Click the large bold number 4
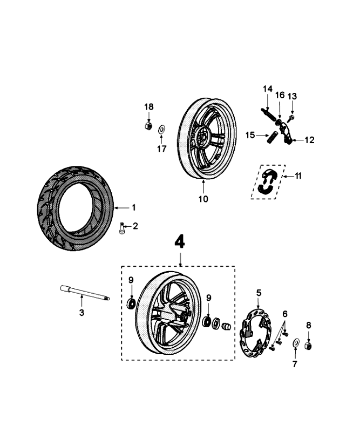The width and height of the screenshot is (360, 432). pyautogui.click(x=180, y=241)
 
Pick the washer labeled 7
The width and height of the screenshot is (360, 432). pyautogui.click(x=295, y=343)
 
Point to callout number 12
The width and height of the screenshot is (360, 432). pyautogui.click(x=309, y=140)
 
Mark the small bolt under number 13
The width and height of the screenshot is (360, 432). pyautogui.click(x=291, y=117)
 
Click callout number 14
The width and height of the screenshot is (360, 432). pyautogui.click(x=268, y=89)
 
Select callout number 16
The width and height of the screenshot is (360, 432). pyautogui.click(x=280, y=95)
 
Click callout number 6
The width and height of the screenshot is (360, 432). pyautogui.click(x=286, y=314)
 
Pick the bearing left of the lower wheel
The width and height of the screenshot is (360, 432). pyautogui.click(x=131, y=303)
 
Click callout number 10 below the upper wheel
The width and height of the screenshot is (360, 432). pyautogui.click(x=203, y=199)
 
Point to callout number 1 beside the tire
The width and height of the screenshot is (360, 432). pyautogui.click(x=134, y=207)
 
